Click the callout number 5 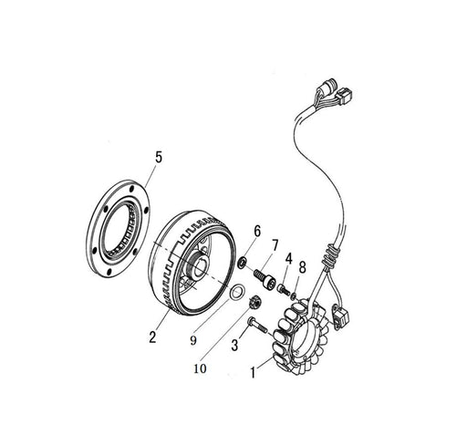click(x=159, y=158)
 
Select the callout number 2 click(x=152, y=337)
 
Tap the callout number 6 click(x=257, y=232)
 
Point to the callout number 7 click(x=275, y=245)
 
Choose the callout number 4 click(x=288, y=259)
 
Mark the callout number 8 click(x=302, y=267)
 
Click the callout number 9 click(x=193, y=340)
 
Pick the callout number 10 click(x=200, y=368)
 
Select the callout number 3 click(x=234, y=346)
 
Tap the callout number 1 click(x=253, y=373)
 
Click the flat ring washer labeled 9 click(x=236, y=293)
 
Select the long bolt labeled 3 click(x=257, y=325)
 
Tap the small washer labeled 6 click(x=243, y=263)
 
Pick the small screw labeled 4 click(x=283, y=288)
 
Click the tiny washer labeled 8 click(x=294, y=295)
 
